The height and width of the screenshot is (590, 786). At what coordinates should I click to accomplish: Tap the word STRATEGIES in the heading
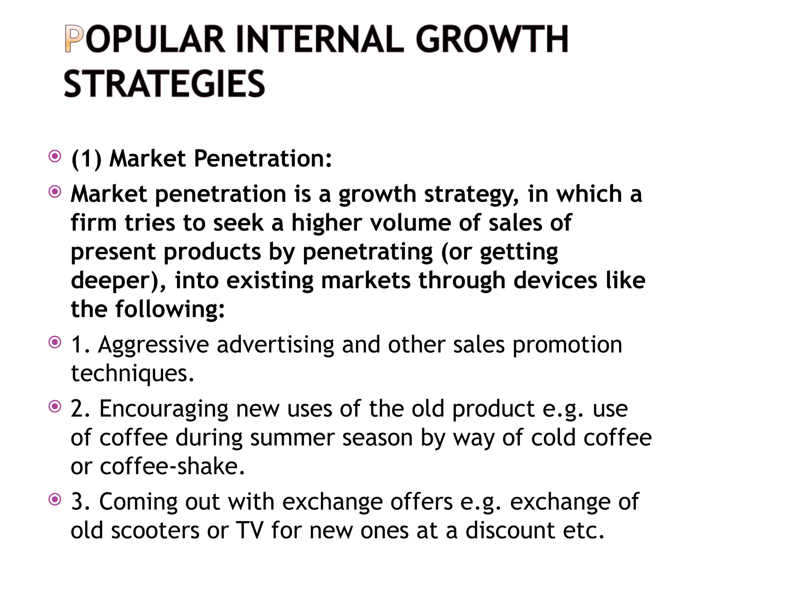(x=164, y=84)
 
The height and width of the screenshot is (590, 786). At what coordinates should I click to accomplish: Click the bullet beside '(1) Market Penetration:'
(x=55, y=156)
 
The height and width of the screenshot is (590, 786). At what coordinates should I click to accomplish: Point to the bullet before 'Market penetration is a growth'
(x=55, y=192)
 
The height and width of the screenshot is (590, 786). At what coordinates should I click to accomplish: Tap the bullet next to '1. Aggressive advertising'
(x=55, y=342)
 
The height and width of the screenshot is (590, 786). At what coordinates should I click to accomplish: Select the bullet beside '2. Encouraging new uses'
(x=55, y=406)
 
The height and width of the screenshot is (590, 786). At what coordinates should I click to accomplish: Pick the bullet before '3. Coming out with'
(x=55, y=499)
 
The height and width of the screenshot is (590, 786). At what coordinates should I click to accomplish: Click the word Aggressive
(x=154, y=345)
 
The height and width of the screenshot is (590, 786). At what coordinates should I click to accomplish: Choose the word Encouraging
(x=164, y=409)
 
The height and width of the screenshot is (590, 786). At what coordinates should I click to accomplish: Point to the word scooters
(x=155, y=531)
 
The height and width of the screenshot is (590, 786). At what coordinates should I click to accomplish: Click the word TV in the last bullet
(x=249, y=531)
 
